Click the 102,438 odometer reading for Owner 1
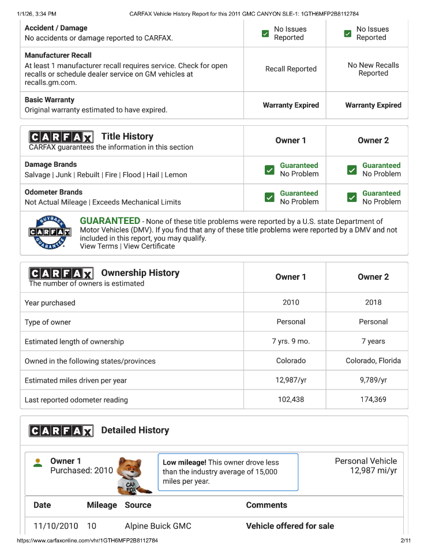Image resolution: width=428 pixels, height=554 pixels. point(291,399)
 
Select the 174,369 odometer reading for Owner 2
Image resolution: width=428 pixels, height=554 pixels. point(373,399)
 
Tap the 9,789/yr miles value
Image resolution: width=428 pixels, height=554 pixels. point(373,380)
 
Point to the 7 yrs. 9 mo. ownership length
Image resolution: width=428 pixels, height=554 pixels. point(291,341)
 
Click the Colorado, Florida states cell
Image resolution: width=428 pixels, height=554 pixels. point(373,361)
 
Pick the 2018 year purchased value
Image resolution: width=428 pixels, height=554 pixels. point(373,302)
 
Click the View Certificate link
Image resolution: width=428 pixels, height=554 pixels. point(149,246)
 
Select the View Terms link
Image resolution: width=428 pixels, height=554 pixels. point(99,246)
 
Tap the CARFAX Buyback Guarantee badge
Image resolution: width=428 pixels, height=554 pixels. point(50,232)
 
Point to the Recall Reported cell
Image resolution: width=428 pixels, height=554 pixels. point(291,69)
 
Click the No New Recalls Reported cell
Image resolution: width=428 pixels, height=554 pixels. point(373,69)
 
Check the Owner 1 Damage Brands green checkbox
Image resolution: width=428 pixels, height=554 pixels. point(269,170)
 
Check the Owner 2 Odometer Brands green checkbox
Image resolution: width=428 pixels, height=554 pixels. point(352,197)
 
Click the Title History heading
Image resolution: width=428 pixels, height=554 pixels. point(127,136)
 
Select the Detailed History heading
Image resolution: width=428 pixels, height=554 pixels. point(135,430)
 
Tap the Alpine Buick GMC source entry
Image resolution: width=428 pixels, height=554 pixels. point(158,526)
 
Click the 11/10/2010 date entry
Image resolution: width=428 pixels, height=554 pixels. point(55,526)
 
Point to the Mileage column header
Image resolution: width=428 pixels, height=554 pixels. point(102,505)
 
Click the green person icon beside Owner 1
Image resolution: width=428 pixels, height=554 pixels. point(37,463)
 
